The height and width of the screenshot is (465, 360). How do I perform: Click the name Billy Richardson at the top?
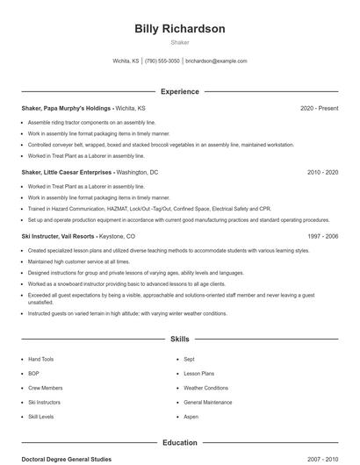coord(179,29)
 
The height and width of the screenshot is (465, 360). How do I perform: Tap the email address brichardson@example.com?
coord(216,61)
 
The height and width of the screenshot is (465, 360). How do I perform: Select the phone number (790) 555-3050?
coord(162,61)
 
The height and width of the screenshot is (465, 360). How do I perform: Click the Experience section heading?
coord(179,91)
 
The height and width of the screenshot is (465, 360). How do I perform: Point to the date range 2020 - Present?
coord(319,108)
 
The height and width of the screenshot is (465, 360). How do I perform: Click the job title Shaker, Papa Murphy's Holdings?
coord(66,108)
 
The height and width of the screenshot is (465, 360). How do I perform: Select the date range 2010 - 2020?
coord(322,172)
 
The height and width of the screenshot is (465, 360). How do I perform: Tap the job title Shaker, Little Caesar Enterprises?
coord(67,172)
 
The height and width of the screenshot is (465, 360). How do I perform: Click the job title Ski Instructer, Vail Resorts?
coord(57,236)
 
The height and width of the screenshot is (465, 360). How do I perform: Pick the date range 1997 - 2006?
coord(322,236)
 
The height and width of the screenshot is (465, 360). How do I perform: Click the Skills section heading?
coord(179,338)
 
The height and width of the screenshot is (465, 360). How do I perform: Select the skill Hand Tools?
coord(40,359)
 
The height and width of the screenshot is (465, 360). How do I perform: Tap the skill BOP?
coord(33,373)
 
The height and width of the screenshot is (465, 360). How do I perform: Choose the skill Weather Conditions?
coord(205,387)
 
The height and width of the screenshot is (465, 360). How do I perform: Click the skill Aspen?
coord(191,416)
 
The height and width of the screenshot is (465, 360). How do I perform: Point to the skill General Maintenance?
coord(208,401)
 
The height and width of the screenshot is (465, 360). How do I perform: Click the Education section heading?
coord(179,443)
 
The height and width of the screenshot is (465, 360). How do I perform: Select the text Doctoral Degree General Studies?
coord(67,459)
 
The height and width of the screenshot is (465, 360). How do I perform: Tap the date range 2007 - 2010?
coord(322,459)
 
